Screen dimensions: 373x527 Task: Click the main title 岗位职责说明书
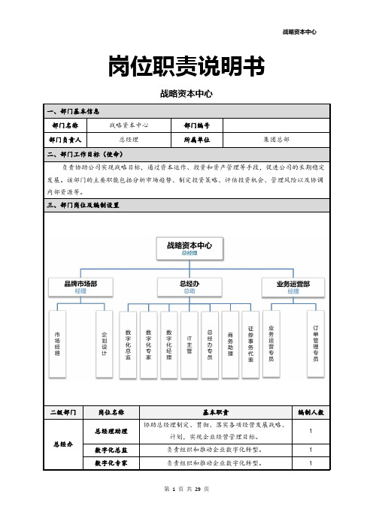tap(186, 66)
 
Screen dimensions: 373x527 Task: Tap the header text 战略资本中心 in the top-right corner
tap(299, 32)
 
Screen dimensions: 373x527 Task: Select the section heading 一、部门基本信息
tap(73, 111)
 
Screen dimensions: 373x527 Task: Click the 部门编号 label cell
tap(197, 125)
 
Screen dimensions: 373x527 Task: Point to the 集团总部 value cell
tap(276, 140)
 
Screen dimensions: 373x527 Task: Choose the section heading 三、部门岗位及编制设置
tap(83, 205)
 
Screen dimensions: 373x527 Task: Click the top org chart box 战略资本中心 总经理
tap(190, 248)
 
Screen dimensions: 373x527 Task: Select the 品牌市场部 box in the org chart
tap(80, 287)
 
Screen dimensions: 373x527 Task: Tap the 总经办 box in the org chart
tap(190, 287)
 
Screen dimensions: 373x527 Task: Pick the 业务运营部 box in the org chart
tap(293, 288)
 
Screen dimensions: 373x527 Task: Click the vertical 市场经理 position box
tap(57, 344)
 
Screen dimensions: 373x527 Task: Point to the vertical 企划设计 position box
tap(104, 344)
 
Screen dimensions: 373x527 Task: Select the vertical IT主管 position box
tap(190, 345)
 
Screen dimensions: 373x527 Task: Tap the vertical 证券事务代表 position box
tap(250, 345)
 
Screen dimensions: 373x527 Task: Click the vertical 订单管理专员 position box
tap(315, 344)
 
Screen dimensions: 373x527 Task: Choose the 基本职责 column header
tap(215, 412)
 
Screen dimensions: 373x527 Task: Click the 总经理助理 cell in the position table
tap(111, 431)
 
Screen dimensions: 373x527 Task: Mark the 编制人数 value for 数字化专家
tap(311, 463)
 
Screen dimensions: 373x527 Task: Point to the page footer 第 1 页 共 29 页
tap(186, 489)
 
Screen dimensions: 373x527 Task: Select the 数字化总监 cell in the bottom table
tap(111, 450)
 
